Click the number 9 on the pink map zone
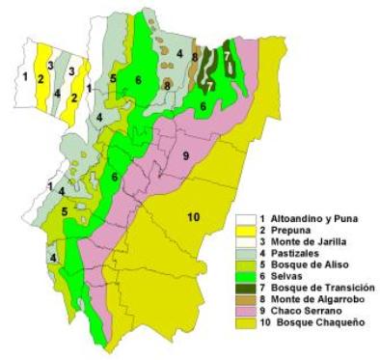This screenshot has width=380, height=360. tap(184, 153)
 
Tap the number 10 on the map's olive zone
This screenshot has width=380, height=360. tap(193, 217)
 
